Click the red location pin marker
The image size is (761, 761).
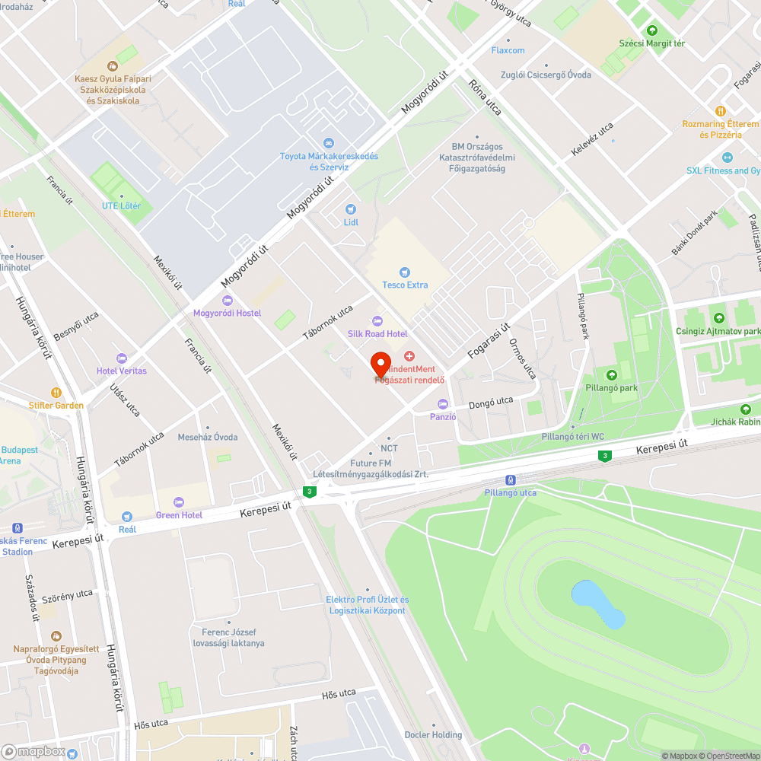[380, 365]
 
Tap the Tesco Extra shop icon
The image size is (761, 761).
[405, 272]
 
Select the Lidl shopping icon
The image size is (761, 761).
[351, 209]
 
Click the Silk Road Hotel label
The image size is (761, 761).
[377, 334]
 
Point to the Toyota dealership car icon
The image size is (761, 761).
[329, 143]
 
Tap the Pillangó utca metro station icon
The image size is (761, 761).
[511, 480]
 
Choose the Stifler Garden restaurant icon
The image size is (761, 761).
[56, 393]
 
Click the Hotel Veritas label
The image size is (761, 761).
[122, 371]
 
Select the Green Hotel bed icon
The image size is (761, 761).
[179, 501]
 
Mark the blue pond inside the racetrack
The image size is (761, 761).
[598, 603]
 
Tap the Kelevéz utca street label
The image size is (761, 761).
[592, 140]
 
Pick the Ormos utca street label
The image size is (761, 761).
[522, 358]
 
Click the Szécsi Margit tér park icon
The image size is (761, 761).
[651, 30]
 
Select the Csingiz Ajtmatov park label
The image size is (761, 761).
[718, 332]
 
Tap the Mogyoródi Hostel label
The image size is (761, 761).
[227, 314]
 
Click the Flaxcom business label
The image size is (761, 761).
[508, 50]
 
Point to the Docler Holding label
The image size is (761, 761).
[434, 734]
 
